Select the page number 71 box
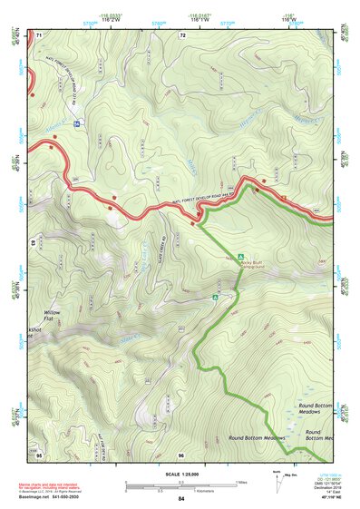(x=40, y=35)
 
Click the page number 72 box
(x=182, y=35)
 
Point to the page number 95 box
(x=40, y=454)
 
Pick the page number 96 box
(x=181, y=454)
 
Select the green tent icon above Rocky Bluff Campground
(x=240, y=256)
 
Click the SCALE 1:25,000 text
(x=181, y=473)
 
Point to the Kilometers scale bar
(x=180, y=490)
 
